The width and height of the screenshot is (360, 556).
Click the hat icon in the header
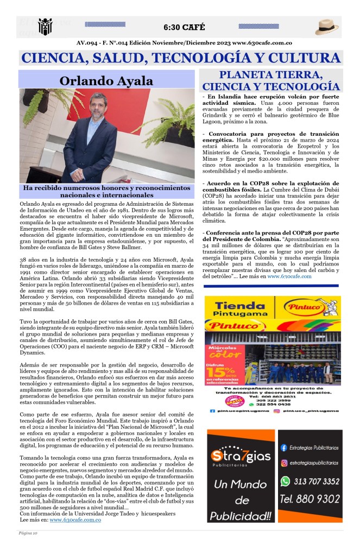327,27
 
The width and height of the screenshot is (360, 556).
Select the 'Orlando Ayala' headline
106,81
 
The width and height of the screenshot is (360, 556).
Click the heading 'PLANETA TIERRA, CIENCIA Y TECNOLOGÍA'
271,80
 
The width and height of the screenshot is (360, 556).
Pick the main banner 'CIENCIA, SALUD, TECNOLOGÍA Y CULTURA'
180,58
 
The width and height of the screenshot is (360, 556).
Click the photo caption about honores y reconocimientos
106,191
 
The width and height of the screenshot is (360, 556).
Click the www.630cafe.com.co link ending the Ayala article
75,520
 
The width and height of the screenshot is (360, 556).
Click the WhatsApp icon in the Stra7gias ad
285,481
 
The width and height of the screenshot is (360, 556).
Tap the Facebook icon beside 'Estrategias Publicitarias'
284,448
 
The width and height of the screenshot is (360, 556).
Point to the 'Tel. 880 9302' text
310,498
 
